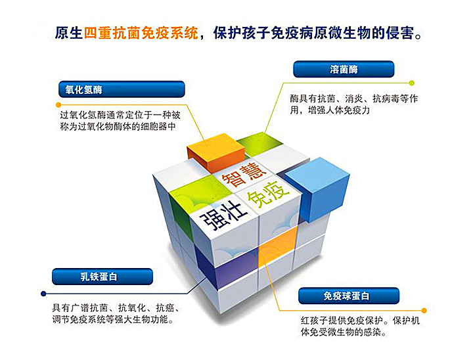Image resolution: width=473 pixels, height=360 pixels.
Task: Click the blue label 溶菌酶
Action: click(344, 69)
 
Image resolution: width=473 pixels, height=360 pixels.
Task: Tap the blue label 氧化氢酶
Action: click(122, 89)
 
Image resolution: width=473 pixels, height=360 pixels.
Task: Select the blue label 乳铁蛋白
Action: click(102, 277)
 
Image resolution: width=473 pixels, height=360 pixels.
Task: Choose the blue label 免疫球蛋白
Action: click(349, 296)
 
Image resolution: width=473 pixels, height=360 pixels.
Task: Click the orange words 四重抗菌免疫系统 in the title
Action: click(141, 33)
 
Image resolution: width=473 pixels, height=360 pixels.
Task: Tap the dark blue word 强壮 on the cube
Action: click(223, 215)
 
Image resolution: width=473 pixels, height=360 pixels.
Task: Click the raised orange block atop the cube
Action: click(215, 151)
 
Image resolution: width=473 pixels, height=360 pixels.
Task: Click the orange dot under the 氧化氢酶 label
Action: click(58, 105)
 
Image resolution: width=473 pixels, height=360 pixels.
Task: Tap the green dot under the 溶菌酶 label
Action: click(412, 83)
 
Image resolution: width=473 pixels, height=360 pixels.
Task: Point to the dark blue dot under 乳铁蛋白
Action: click(43, 293)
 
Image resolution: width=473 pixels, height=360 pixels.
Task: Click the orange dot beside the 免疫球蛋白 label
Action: click(424, 311)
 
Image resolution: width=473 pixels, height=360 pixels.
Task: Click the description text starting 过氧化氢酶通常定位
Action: click(120, 121)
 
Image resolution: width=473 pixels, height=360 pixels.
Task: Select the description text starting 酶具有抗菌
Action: click(354, 104)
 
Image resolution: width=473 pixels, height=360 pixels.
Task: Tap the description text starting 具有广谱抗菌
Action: click(116, 313)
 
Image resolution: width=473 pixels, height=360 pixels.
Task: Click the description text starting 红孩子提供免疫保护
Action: click(360, 326)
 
